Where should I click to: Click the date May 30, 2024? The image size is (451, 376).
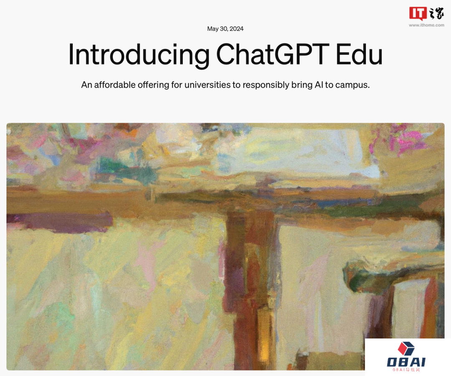click(x=225, y=29)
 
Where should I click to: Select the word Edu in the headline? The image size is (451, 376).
click(x=360, y=55)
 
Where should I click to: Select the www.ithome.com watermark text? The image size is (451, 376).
click(x=426, y=25)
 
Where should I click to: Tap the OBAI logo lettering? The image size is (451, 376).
click(x=406, y=362)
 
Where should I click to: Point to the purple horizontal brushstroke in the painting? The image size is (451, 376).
click(x=63, y=220)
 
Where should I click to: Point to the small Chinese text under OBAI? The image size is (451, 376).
click(x=406, y=370)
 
